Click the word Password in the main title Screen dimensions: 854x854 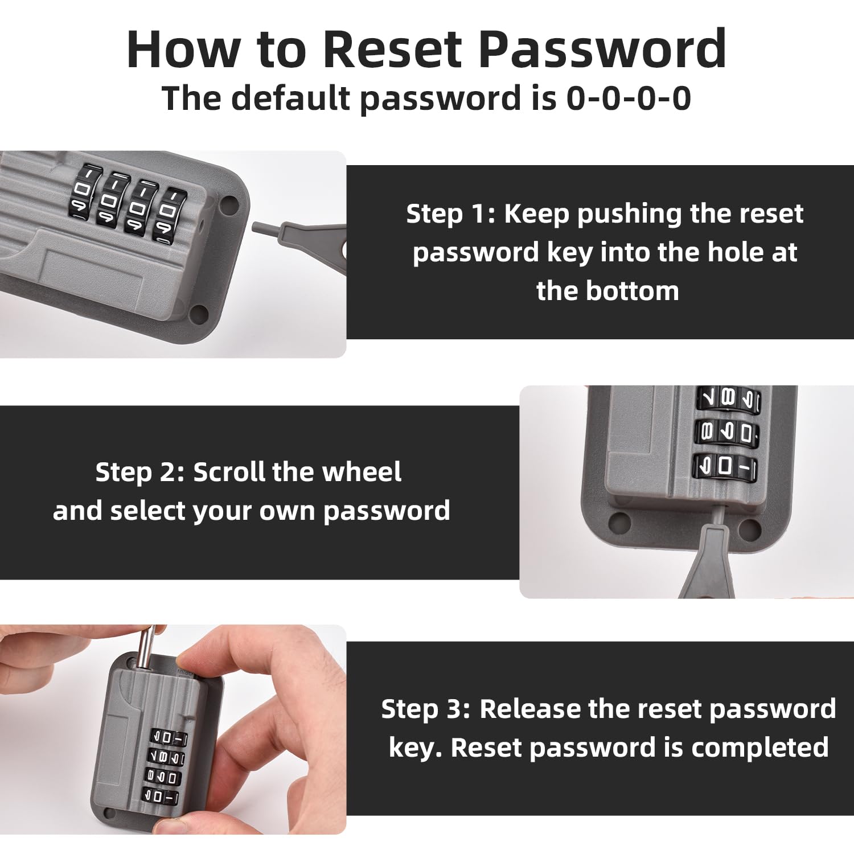tap(602, 50)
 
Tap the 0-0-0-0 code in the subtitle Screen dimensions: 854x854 tap(629, 98)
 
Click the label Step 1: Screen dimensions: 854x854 tap(450, 215)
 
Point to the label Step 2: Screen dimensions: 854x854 tap(140, 473)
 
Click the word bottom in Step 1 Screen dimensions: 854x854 tap(632, 291)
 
